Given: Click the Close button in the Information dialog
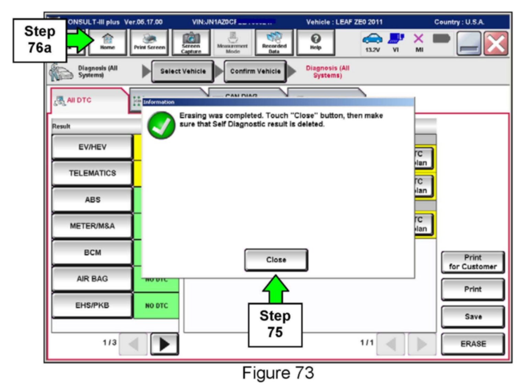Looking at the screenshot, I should pos(276,260).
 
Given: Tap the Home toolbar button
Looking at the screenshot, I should pos(108,42).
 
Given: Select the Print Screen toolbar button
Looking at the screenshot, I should pos(149,42).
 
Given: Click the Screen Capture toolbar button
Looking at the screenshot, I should pos(191,42).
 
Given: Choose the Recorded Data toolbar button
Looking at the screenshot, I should pos(274,42).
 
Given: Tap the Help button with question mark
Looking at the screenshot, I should pos(315,42).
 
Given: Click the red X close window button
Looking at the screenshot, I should pos(496,44).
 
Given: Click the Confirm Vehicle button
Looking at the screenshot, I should pos(255,71).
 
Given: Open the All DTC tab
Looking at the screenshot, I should pos(79,100).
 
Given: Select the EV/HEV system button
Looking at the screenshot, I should pos(92,147).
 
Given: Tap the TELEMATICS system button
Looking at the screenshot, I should pos(92,173).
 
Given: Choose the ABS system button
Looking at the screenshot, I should pos(92,200).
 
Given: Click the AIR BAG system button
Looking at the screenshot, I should pos(92,279).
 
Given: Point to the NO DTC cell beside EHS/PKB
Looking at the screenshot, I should pos(156,306).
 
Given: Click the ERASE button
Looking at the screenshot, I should pos(473,344).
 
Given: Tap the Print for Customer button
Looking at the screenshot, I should pos(473,262).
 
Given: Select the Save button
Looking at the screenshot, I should pos(473,317).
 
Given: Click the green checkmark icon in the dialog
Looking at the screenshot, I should pos(161,126).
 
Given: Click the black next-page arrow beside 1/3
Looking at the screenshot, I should pos(165,344).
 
